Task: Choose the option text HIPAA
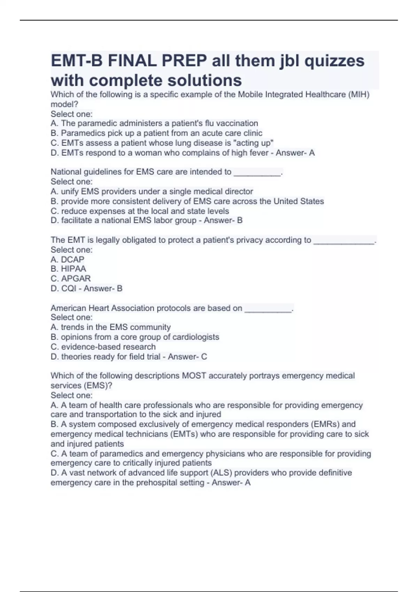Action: (73, 269)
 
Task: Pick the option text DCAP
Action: (72, 259)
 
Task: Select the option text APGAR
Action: (76, 279)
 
